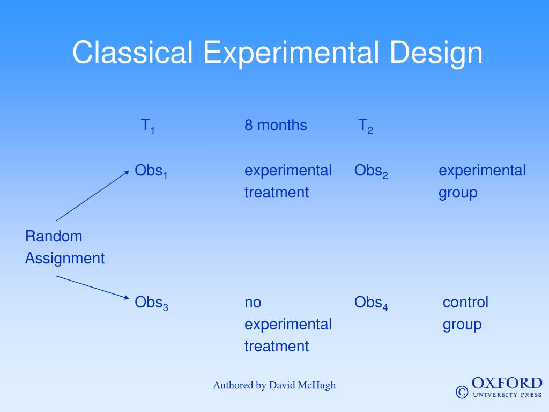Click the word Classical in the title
point(132,52)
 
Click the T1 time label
point(147,126)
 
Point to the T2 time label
point(366,126)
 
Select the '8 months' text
point(276,125)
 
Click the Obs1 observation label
point(151,171)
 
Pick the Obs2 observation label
point(371,171)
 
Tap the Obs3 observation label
point(151,303)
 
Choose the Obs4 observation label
point(371,303)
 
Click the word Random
point(54,237)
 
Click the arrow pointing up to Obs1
point(92,196)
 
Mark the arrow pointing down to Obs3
point(92,288)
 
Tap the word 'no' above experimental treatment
point(253,303)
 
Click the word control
point(465,302)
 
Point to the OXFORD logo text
point(507,383)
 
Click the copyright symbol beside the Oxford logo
point(462,392)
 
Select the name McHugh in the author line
point(317,386)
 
